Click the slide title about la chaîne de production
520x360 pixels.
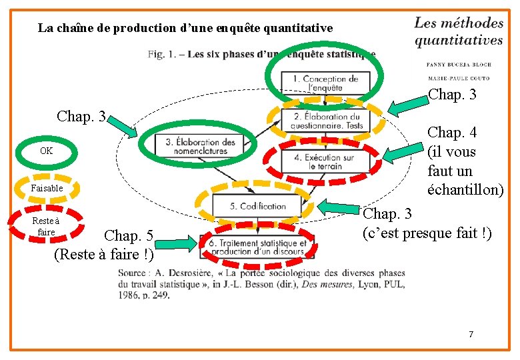tap(185, 28)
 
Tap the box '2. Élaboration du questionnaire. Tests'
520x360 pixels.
tap(327, 121)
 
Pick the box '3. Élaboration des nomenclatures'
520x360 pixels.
tap(201, 146)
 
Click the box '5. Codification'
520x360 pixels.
tap(257, 206)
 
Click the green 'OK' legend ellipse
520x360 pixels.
tap(46, 151)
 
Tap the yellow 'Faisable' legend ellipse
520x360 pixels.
tap(46, 188)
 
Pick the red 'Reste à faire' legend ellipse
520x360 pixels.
tap(46, 227)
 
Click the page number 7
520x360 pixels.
tap(471, 334)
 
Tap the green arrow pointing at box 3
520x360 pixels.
tap(123, 126)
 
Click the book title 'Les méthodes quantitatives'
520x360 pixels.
tap(459, 31)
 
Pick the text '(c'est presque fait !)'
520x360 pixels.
tap(427, 233)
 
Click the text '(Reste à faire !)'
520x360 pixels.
tap(103, 254)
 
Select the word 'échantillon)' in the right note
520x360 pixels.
tap(465, 190)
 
